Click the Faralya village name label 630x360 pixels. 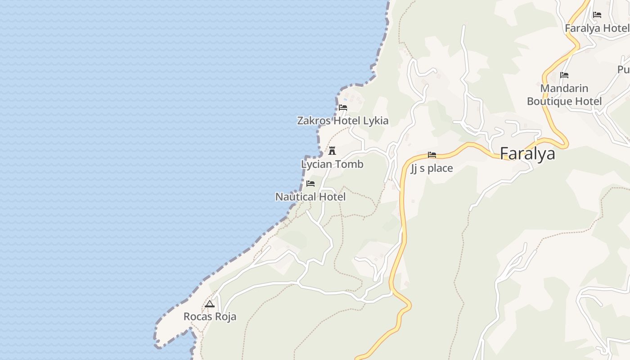tap(527, 154)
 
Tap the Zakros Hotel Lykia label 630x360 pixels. tap(342, 121)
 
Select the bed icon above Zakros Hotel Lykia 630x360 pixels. tap(343, 108)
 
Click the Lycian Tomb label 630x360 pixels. tap(332, 164)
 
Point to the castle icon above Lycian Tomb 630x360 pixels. tap(332, 151)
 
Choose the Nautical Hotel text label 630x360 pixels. tap(310, 197)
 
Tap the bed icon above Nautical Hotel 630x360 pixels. tap(310, 184)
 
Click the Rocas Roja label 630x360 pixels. tap(210, 317)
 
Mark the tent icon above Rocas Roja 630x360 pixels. tap(210, 304)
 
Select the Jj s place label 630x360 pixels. tap(432, 169)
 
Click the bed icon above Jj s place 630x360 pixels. tap(432, 155)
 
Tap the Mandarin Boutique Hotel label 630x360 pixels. tap(564, 94)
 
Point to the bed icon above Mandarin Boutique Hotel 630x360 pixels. tap(564, 75)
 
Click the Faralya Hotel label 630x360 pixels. tap(597, 28)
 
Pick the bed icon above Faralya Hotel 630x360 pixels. tap(597, 15)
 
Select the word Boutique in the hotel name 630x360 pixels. tap(549, 101)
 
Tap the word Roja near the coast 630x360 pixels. tap(225, 317)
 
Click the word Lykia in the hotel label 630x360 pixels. tap(375, 121)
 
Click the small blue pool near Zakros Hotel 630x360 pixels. tap(345, 99)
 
